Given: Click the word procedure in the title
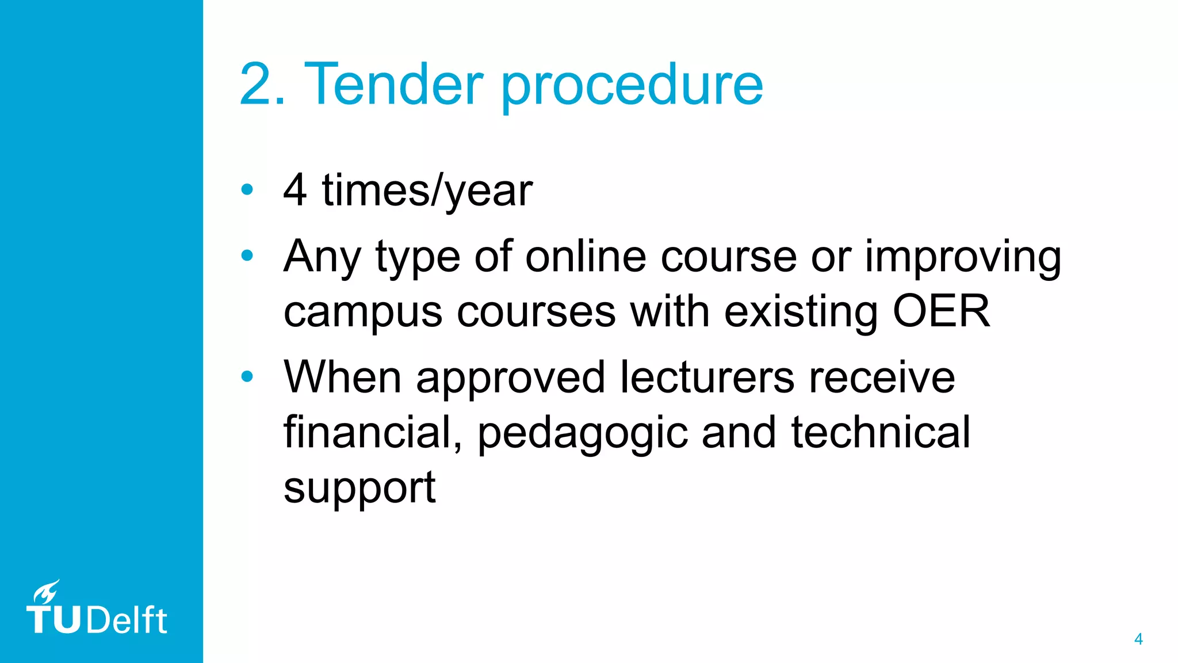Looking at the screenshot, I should click(x=632, y=86).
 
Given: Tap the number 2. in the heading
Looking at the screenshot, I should click(x=262, y=85).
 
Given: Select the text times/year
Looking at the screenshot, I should click(x=427, y=191).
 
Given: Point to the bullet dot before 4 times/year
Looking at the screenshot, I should click(x=247, y=189).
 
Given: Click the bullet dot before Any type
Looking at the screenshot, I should click(x=247, y=255).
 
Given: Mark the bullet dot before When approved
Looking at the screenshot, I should click(x=247, y=376).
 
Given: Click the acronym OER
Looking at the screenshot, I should click(x=941, y=311).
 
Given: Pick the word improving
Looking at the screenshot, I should click(x=963, y=257).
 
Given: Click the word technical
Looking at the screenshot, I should click(x=881, y=433).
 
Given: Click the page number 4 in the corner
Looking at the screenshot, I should click(x=1138, y=639).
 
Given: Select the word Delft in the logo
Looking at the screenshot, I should click(x=127, y=620).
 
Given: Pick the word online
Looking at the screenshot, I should click(x=586, y=256).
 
